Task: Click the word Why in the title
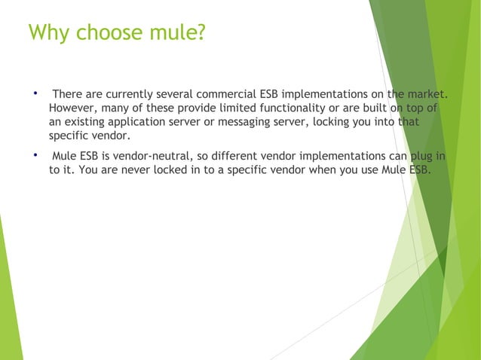pos(47,34)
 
